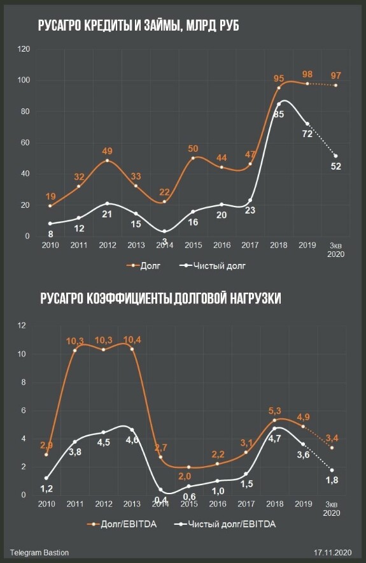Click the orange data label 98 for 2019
(307, 75)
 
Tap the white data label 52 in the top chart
(336, 166)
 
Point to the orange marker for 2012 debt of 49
(107, 161)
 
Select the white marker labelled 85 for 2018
(279, 104)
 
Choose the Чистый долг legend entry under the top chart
(212, 266)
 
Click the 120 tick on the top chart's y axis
(24, 49)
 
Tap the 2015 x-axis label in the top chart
(194, 245)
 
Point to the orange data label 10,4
(132, 340)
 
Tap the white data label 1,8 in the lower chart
(332, 480)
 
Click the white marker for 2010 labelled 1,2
(46, 478)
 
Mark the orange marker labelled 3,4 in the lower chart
(332, 448)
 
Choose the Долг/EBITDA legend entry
(122, 524)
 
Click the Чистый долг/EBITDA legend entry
(225, 524)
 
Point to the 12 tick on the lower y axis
(22, 326)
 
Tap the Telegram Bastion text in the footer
(39, 553)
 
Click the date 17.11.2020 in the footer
(333, 553)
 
